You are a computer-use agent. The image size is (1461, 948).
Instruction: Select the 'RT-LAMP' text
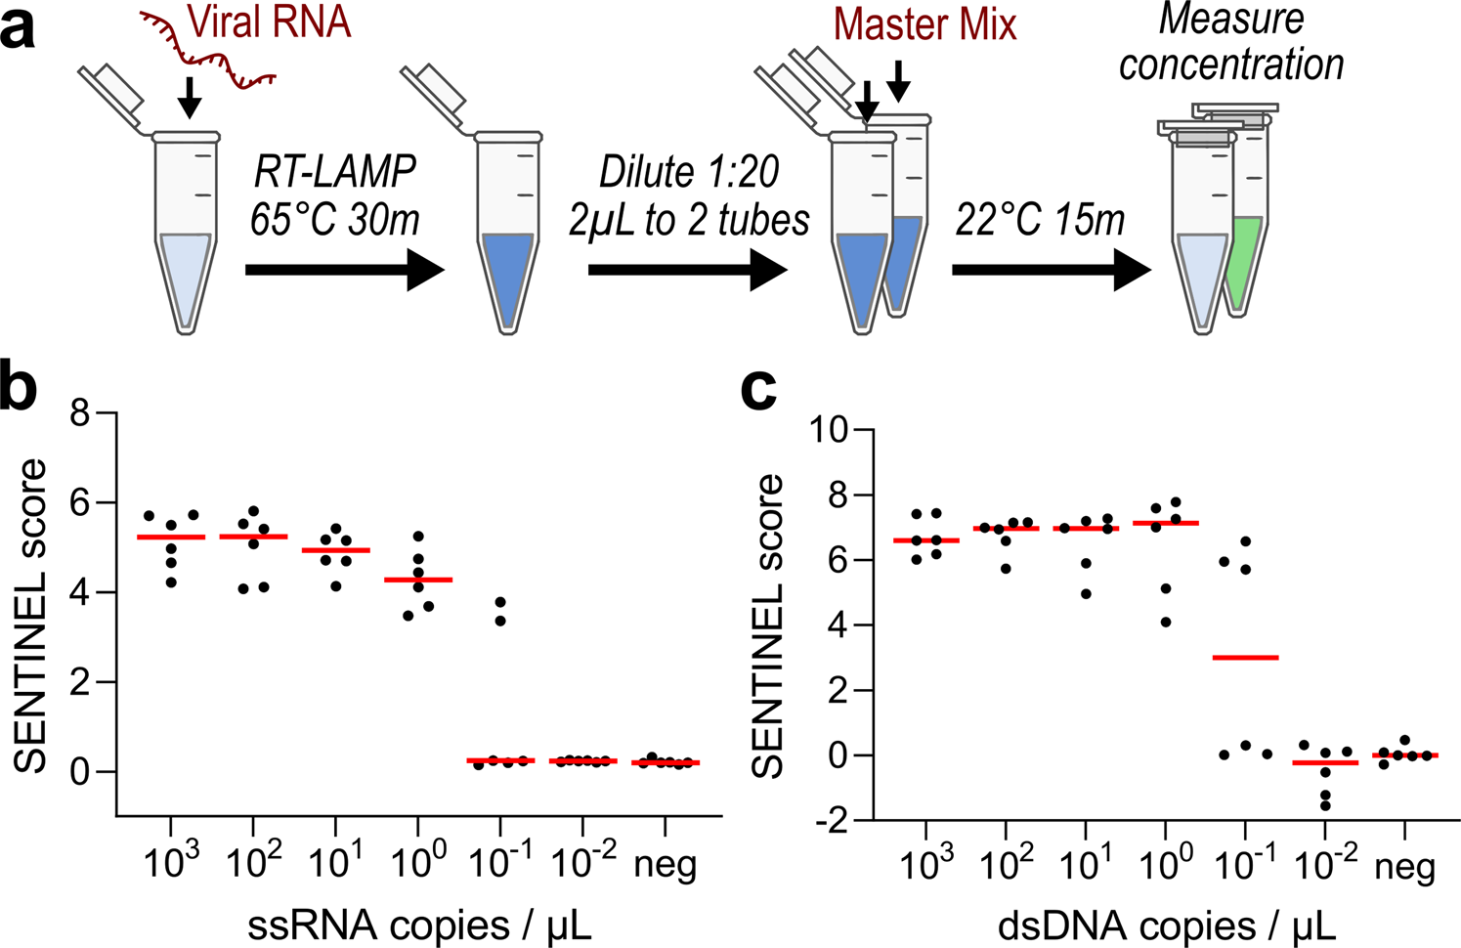coord(335,172)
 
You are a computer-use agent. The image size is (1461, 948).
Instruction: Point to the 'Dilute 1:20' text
coord(689,172)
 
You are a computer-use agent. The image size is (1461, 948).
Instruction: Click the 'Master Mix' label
coord(924,24)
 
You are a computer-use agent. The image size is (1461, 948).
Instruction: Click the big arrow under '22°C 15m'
coord(1052,270)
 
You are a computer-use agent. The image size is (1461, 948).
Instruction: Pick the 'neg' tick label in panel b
coord(666,865)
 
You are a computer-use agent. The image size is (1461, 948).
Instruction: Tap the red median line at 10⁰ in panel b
coord(418,580)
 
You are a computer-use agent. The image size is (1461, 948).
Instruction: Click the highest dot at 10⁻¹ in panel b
coord(500,602)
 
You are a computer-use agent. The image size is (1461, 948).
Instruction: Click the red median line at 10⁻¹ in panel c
coord(1245,658)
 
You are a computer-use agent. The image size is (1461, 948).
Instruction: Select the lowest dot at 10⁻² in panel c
coord(1325,806)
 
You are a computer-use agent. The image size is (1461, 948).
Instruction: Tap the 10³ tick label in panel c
coord(924,865)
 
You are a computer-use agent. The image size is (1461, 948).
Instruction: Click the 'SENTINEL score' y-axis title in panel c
coord(769,625)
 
